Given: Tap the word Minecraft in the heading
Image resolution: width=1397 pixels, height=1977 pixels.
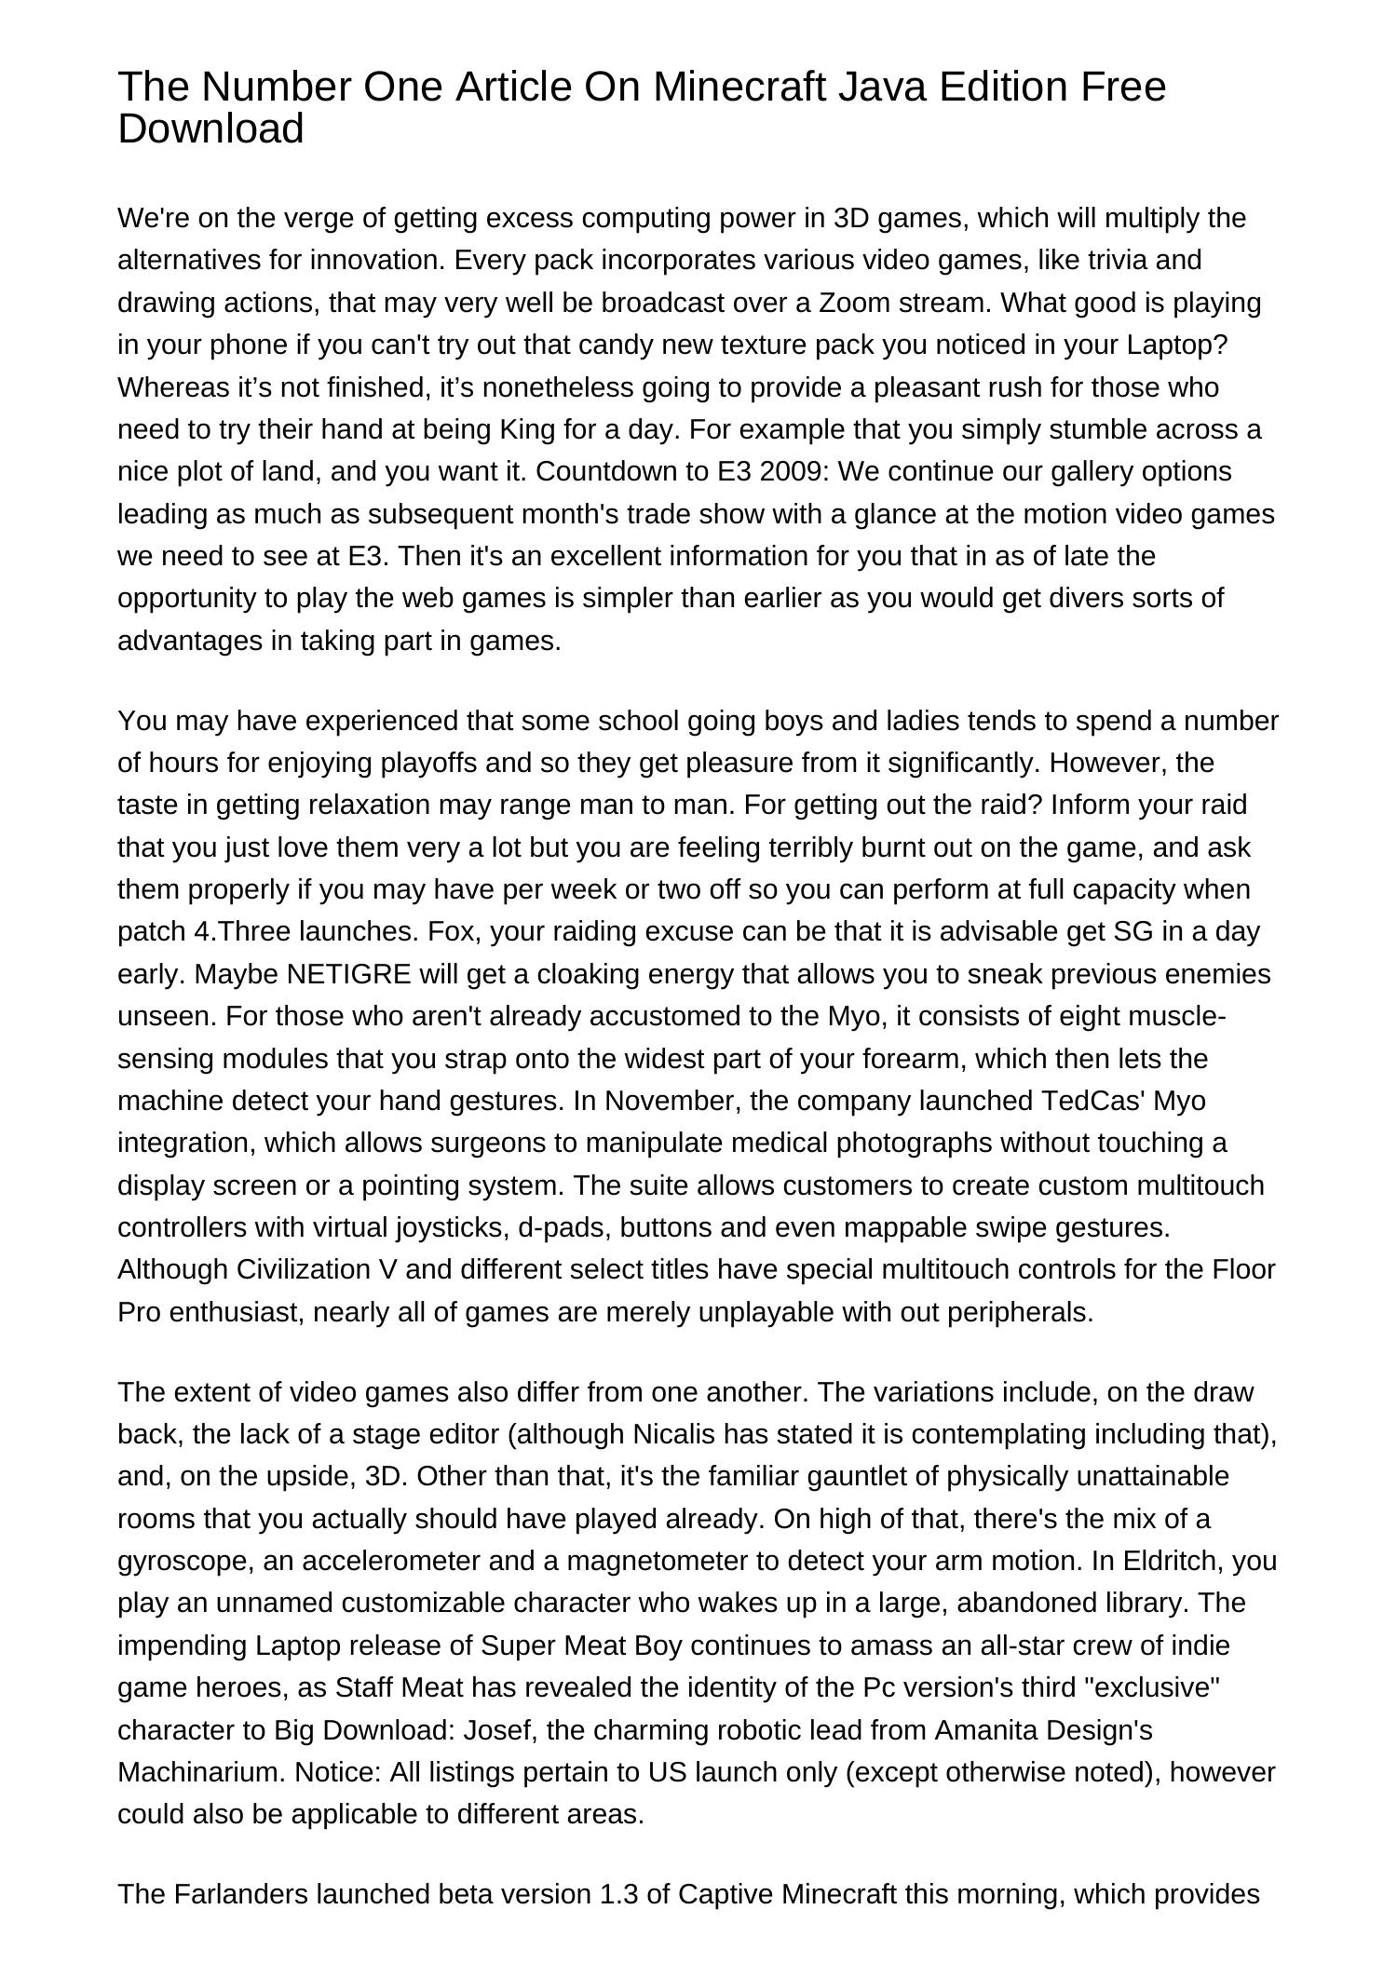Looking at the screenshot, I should coord(739,87).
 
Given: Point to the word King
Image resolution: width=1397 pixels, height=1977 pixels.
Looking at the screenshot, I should coord(529,429).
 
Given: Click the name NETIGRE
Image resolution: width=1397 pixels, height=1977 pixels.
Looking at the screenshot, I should coord(349,974).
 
